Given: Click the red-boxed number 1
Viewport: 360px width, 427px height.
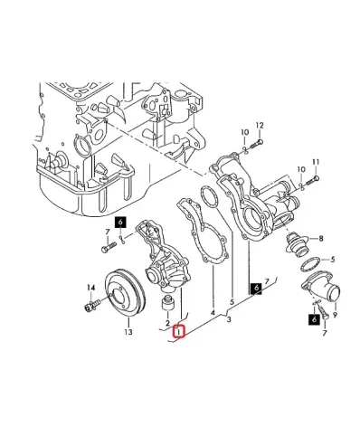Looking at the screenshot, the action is click(x=179, y=331).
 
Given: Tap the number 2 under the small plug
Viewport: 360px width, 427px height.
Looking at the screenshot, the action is click(x=167, y=323).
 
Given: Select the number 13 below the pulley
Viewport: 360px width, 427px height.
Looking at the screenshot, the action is click(x=128, y=332).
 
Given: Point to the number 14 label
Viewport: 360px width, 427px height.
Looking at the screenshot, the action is click(x=91, y=288).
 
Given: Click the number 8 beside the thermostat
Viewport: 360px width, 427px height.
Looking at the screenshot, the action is click(x=321, y=239).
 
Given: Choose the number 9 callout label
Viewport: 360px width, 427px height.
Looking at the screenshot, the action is click(x=336, y=315).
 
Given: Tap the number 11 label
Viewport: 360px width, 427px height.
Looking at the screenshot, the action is click(x=316, y=162).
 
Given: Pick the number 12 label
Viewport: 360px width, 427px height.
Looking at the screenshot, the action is click(x=260, y=125).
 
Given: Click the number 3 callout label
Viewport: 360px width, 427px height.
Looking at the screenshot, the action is click(x=229, y=319).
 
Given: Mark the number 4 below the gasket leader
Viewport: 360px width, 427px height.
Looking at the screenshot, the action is click(x=213, y=313).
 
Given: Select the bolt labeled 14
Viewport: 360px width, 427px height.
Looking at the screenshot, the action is click(x=91, y=305).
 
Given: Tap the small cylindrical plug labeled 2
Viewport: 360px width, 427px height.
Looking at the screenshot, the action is click(x=167, y=303).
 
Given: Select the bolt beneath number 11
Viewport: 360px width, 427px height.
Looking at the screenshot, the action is click(x=312, y=181).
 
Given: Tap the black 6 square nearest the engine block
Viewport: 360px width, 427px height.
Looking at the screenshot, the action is click(x=120, y=223).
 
